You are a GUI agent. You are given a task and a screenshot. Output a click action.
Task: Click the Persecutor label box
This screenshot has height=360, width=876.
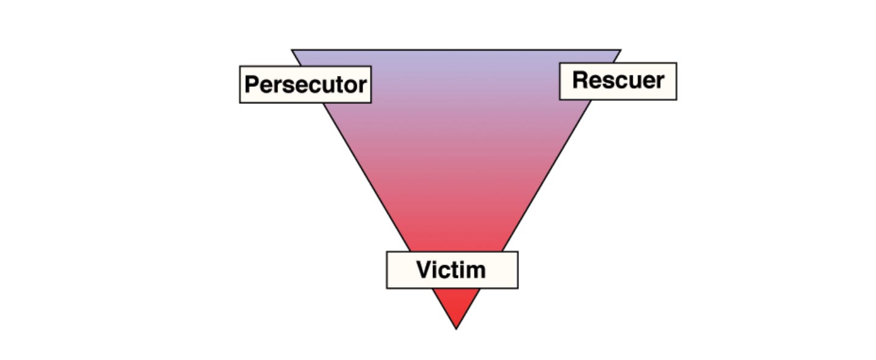tap(305, 85)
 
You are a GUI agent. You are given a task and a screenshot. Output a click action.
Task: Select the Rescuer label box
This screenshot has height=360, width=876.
tap(617, 81)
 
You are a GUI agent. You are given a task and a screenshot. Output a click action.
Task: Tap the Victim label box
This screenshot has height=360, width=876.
tap(452, 269)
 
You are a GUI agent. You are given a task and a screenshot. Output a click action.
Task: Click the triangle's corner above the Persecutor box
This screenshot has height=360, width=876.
tap(293, 51)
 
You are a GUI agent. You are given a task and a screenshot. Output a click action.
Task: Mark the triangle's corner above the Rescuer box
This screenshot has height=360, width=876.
tap(619, 51)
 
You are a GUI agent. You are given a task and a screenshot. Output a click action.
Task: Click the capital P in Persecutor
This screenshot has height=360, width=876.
tap(251, 85)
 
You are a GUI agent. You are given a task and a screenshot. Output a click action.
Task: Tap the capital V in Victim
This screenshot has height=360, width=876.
tap(424, 269)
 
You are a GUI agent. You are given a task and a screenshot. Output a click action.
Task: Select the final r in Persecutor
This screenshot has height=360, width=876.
tap(363, 86)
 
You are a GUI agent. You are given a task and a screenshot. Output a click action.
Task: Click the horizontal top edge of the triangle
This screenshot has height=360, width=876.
tap(456, 50)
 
